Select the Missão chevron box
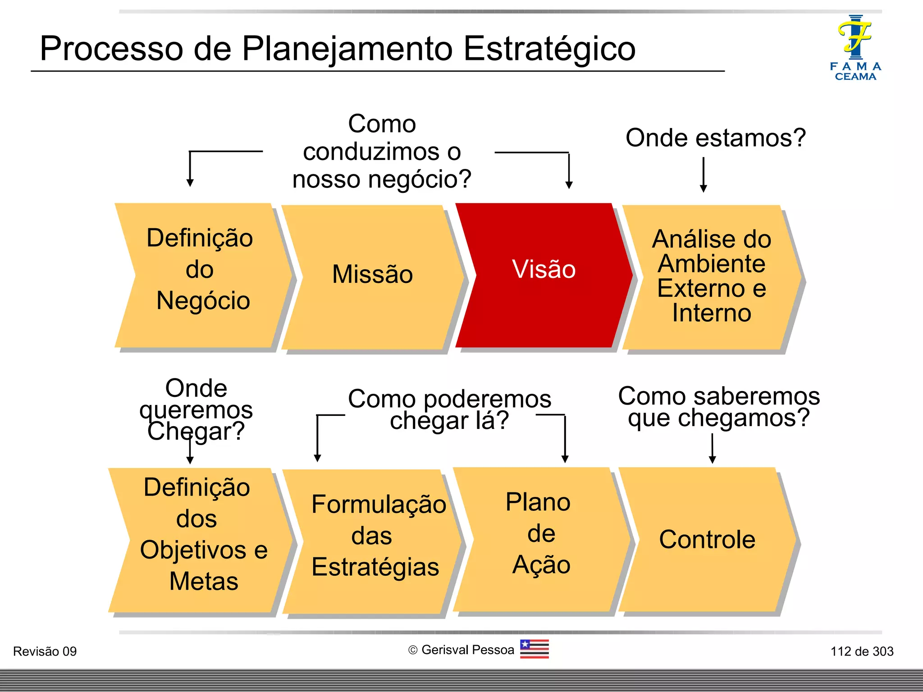pos(372,276)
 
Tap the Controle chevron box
pos(707,540)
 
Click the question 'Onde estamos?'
pos(715,138)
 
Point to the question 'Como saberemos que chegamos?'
pos(718,407)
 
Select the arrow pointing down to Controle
pos(712,449)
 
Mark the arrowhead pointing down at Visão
pos(569,185)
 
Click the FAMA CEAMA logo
pos(855,48)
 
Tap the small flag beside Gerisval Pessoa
pos(534,649)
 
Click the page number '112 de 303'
pos(862,651)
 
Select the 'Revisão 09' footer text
pos(45,651)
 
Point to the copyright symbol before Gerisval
pos(413,650)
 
